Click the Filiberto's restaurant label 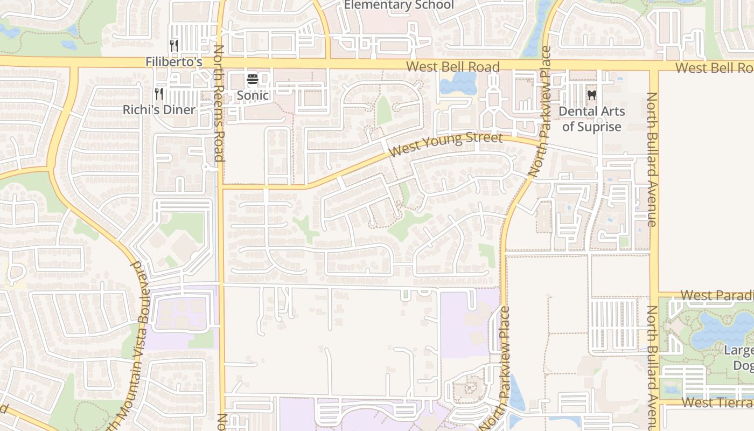coord(173,62)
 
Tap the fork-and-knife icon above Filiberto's coord(173,46)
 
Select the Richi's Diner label coord(159,110)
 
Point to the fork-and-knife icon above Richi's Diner coord(159,94)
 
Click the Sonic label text coord(253,96)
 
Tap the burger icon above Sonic coord(253,80)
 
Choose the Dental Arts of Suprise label coord(592,119)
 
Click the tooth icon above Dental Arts coord(592,95)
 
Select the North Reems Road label coord(219,103)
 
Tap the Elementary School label coord(399,5)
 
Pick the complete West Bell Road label coord(453,67)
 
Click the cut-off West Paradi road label coord(717,295)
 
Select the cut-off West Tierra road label coord(717,402)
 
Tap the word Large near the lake coord(738,351)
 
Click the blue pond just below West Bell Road coord(458,82)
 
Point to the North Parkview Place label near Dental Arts coord(540,112)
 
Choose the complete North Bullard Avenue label coord(652,159)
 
